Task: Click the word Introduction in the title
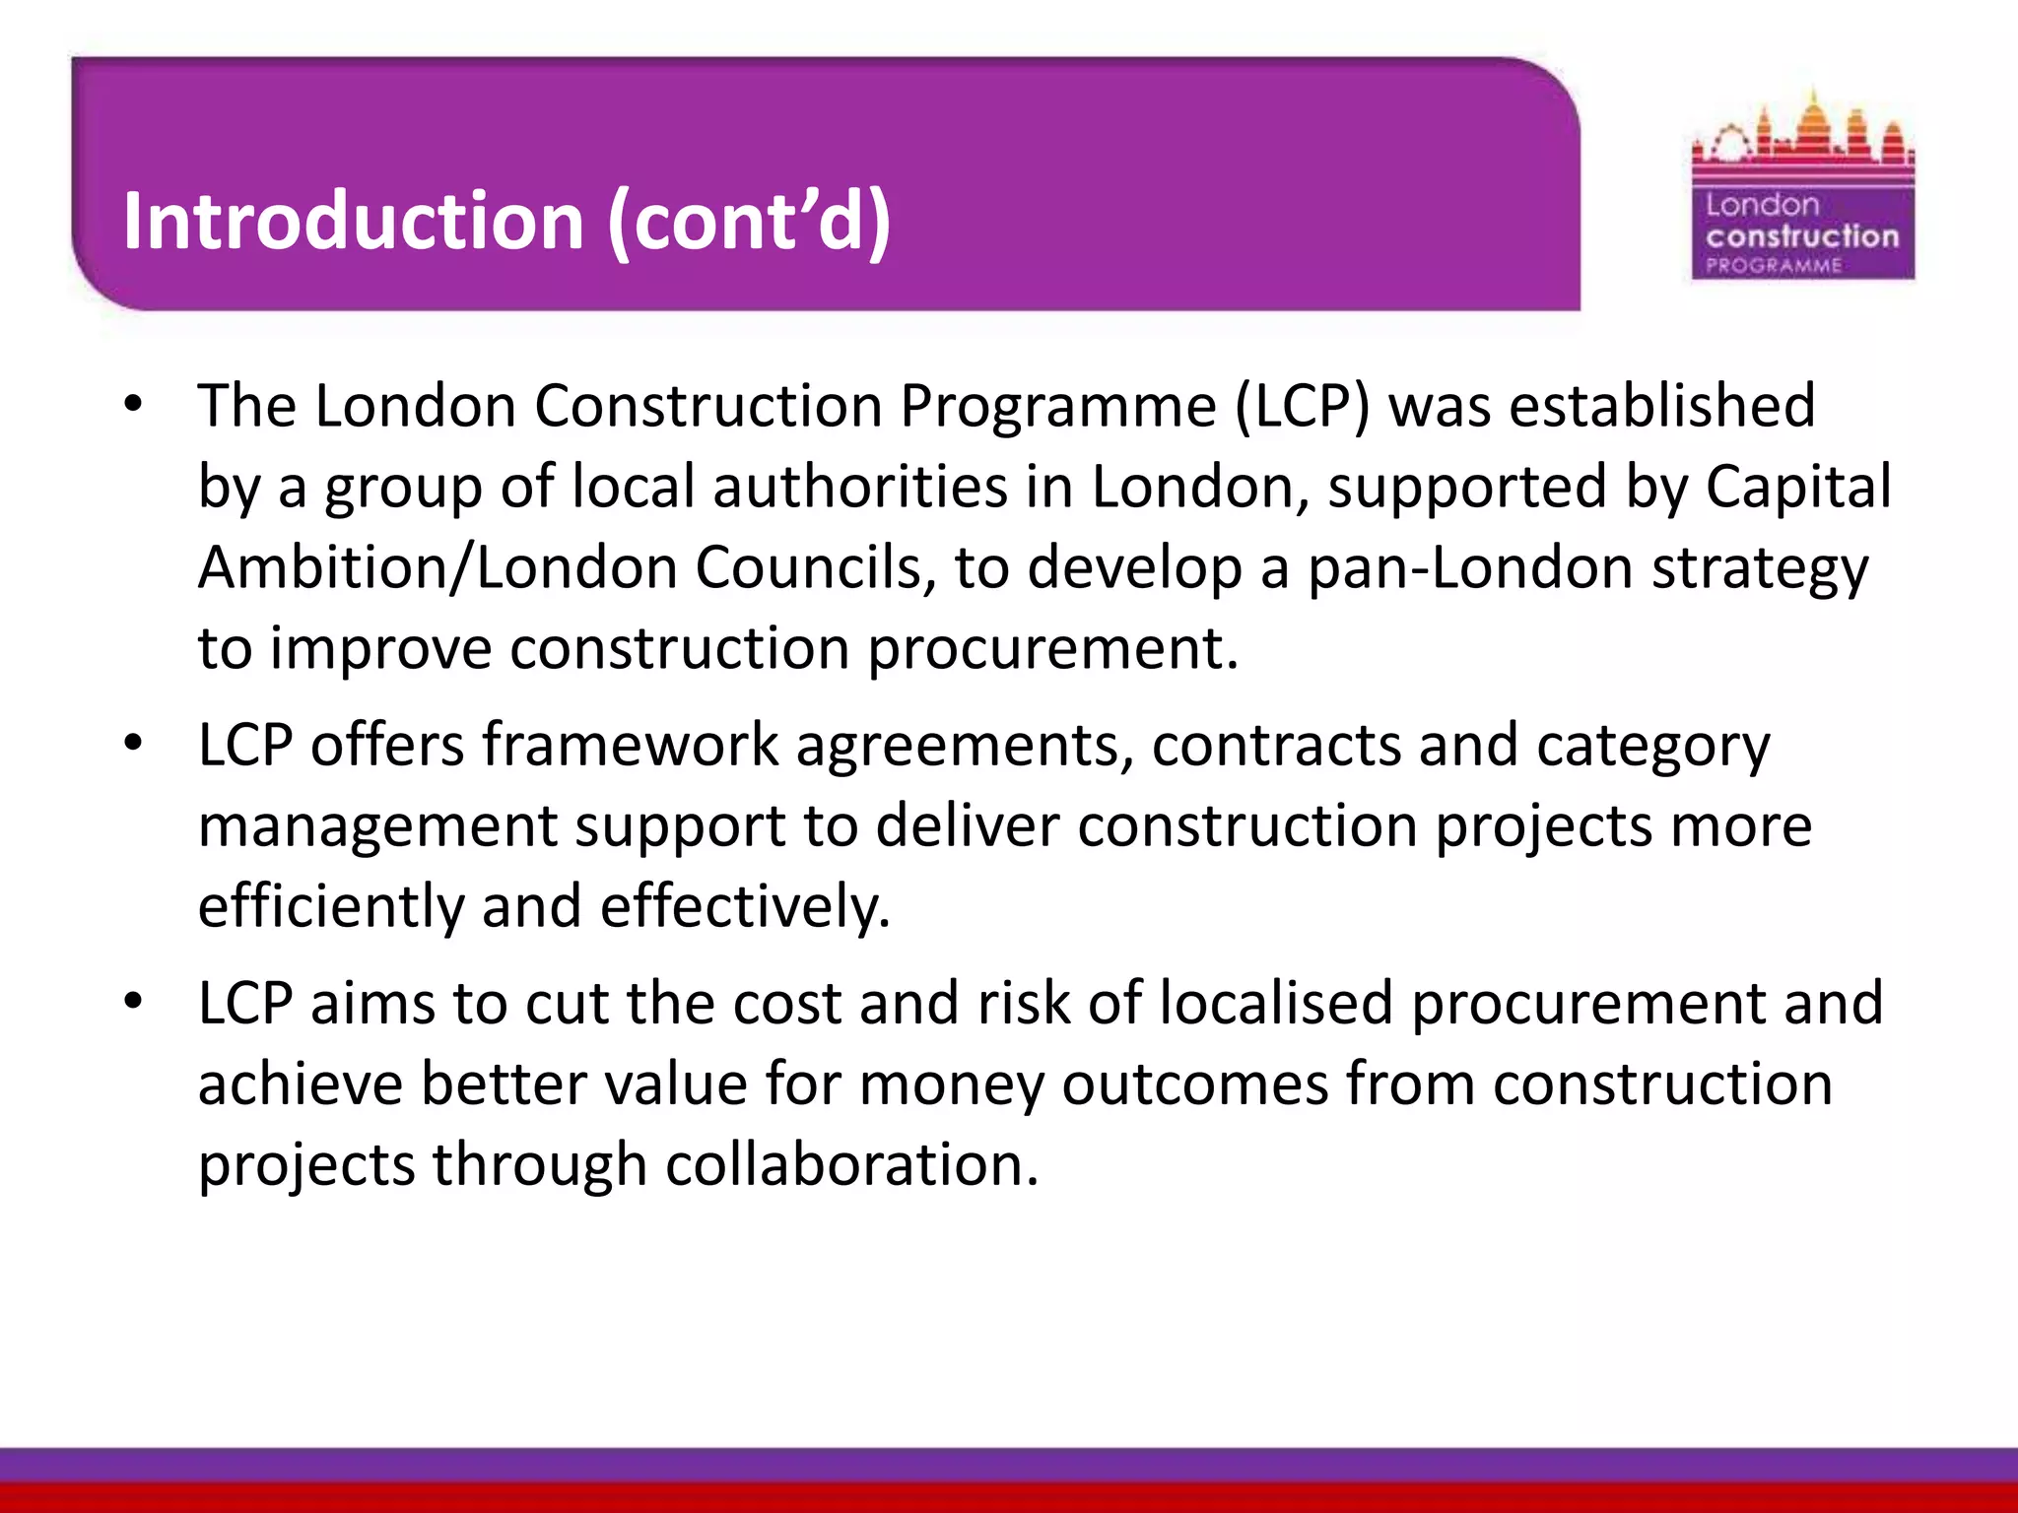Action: click(354, 220)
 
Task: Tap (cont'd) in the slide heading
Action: click(749, 222)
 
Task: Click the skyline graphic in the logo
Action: click(1802, 137)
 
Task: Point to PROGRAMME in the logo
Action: click(1774, 265)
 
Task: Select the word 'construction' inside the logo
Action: click(1802, 236)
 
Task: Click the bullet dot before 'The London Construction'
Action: click(134, 405)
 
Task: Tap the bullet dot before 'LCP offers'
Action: click(134, 744)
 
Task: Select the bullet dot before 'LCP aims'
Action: click(134, 1003)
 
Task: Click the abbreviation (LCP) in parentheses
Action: click(1302, 406)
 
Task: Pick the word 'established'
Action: click(1662, 405)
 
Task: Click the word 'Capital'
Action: click(1798, 487)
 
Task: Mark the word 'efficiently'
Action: click(331, 906)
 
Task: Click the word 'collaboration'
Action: click(852, 1164)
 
